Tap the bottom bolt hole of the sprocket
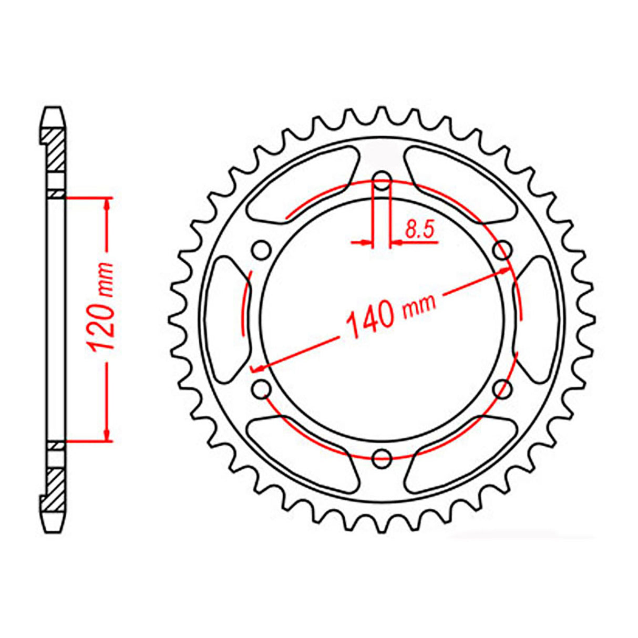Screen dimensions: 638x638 (x=382, y=458)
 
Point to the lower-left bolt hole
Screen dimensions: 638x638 (x=261, y=389)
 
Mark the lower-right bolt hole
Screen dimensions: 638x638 (x=503, y=389)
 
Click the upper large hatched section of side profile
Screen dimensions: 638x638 (x=55, y=149)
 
